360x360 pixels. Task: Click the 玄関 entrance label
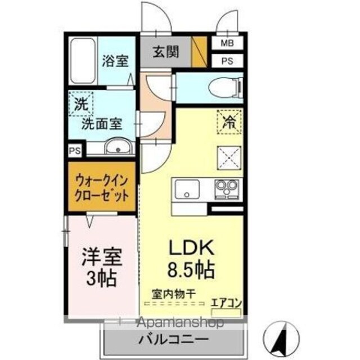[166, 52]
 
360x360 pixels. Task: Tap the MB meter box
[227, 43]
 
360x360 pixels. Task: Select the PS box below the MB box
[227, 61]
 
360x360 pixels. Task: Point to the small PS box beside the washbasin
[75, 151]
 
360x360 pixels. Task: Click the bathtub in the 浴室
[83, 61]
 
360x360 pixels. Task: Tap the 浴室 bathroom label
[115, 61]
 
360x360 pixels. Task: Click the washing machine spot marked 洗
[81, 103]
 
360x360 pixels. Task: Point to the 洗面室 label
[102, 124]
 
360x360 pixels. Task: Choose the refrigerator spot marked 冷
[229, 121]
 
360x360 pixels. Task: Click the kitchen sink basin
[187, 190]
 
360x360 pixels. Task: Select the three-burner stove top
[227, 189]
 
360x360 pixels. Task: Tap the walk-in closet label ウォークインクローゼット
[102, 188]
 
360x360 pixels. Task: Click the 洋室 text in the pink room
[102, 257]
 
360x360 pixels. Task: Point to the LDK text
[191, 247]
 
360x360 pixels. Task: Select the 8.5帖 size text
[191, 269]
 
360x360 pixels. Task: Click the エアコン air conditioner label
[226, 303]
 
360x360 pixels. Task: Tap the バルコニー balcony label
[174, 339]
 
